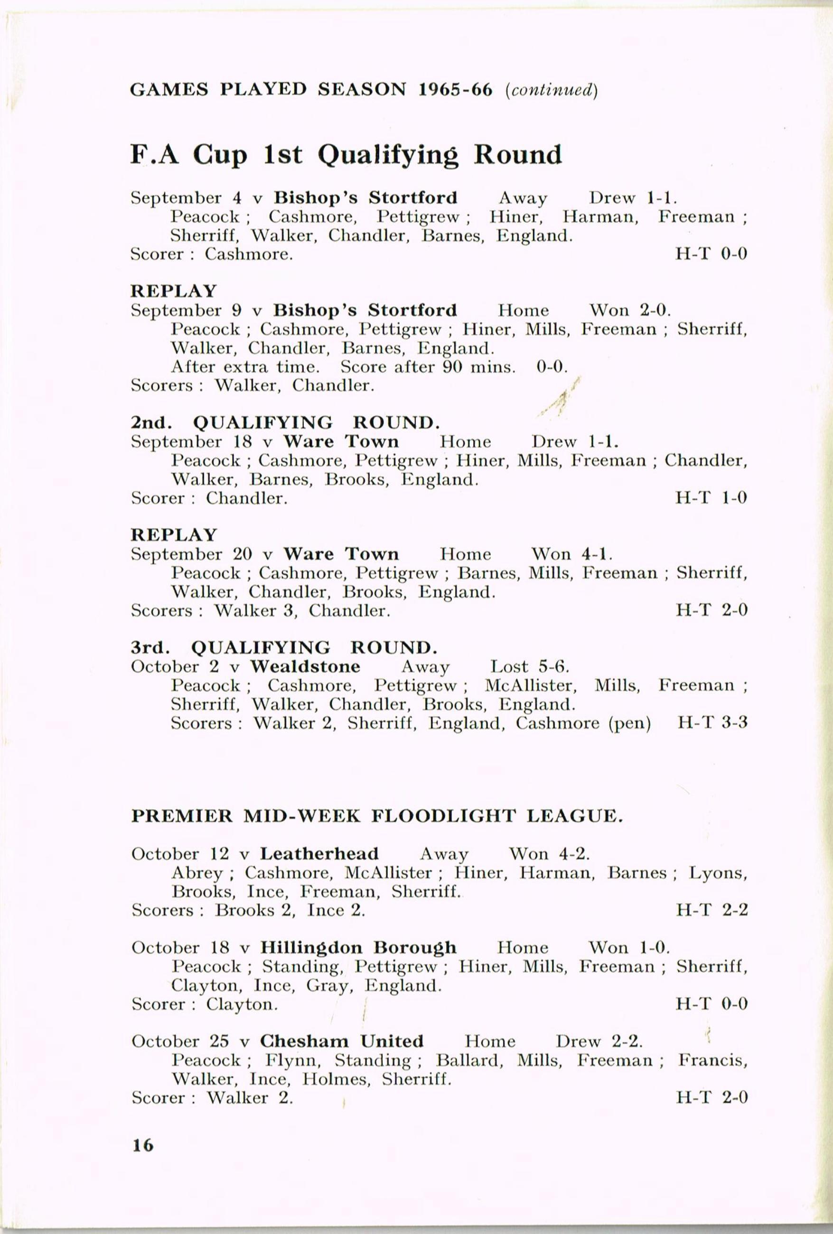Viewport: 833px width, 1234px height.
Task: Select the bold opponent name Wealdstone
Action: [x=305, y=666]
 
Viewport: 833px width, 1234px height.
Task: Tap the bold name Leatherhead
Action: [x=319, y=853]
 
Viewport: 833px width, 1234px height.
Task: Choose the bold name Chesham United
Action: [x=342, y=1041]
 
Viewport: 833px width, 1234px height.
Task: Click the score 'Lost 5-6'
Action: [x=529, y=666]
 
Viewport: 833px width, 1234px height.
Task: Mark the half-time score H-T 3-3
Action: [x=712, y=723]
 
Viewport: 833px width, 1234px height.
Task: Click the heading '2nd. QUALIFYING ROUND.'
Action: [x=285, y=423]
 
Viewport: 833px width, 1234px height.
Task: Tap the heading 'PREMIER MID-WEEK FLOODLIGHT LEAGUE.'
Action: [x=376, y=816]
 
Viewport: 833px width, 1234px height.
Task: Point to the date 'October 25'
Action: [x=180, y=1041]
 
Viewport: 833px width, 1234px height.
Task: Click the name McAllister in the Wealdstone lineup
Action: [x=529, y=685]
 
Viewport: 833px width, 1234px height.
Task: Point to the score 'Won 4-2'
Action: [x=549, y=853]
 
